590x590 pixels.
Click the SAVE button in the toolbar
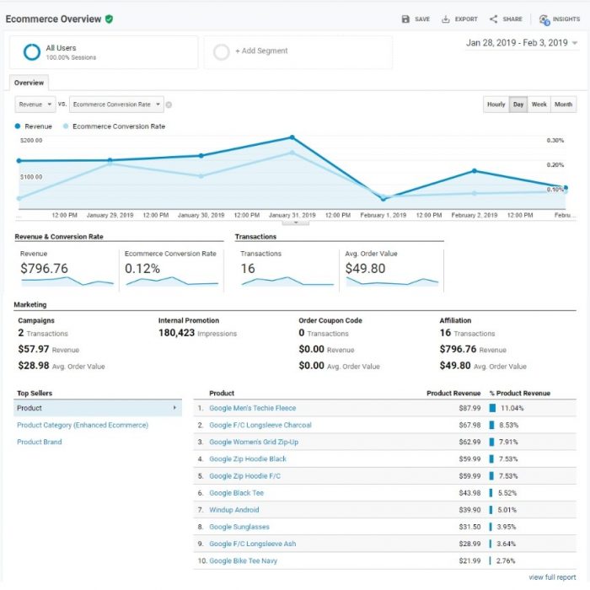click(x=416, y=19)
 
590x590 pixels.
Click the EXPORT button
click(x=459, y=19)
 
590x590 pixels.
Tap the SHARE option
click(x=506, y=19)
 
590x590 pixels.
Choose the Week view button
click(x=539, y=105)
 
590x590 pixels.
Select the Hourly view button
click(x=496, y=105)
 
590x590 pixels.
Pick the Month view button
click(x=564, y=105)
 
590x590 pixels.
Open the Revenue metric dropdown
click(x=35, y=105)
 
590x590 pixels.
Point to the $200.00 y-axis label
click(x=31, y=141)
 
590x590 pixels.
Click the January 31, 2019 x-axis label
click(x=292, y=215)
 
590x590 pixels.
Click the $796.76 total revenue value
click(x=44, y=269)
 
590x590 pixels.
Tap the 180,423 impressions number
click(x=176, y=333)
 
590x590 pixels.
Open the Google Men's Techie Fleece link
click(x=252, y=408)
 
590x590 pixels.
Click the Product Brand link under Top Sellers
click(x=40, y=442)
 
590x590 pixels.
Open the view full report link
click(x=552, y=577)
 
